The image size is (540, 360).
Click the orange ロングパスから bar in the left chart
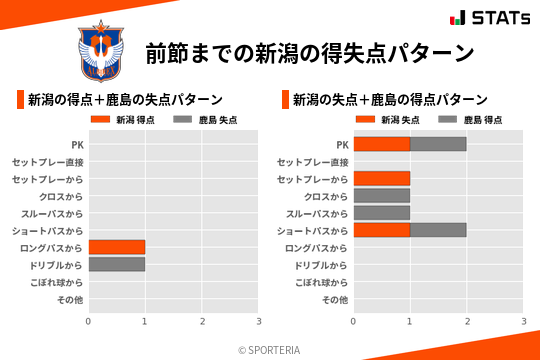(117, 247)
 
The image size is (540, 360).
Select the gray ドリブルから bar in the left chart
(117, 264)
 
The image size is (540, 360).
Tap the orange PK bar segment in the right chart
(382, 144)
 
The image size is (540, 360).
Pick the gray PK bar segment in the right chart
(438, 144)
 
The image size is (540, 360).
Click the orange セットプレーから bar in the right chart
(382, 178)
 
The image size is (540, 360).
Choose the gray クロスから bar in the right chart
(382, 195)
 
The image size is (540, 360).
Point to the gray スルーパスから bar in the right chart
(382, 213)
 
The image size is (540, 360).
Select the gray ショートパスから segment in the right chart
(438, 230)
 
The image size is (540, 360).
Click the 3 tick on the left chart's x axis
(259, 321)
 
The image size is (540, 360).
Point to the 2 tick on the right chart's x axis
(467, 321)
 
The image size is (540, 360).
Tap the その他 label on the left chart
(69, 299)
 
